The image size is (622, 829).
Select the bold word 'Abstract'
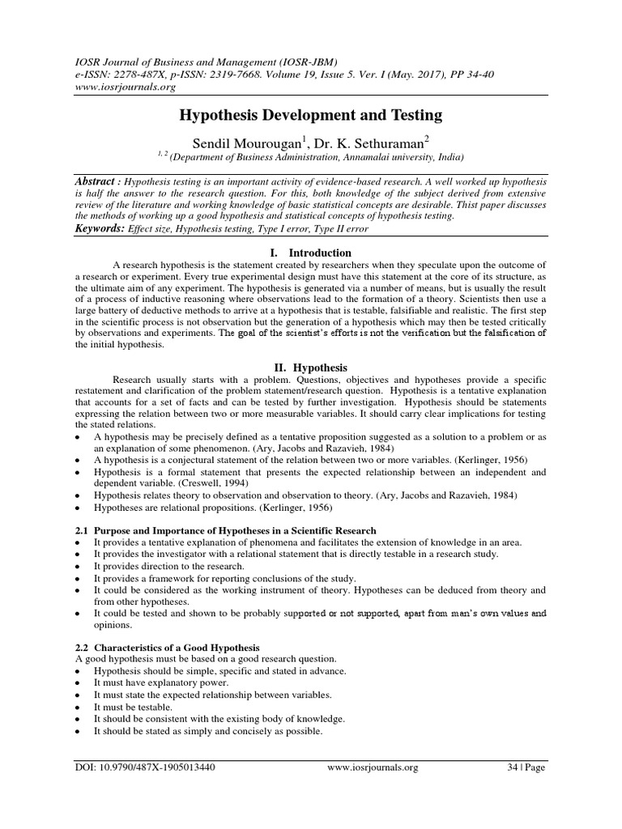tap(96, 183)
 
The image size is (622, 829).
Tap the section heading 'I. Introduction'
tap(311, 253)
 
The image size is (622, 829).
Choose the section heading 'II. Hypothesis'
tap(311, 366)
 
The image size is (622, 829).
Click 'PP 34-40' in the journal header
tap(468, 74)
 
